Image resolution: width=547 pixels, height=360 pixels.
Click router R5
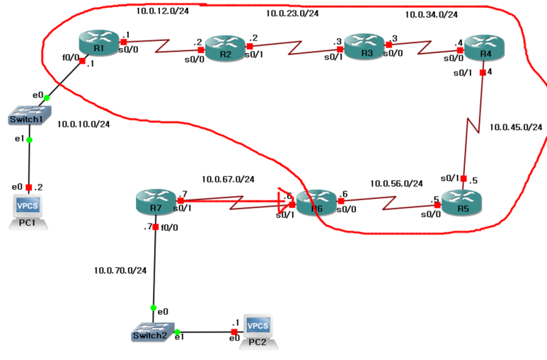(462, 202)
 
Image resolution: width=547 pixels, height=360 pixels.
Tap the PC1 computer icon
(29, 210)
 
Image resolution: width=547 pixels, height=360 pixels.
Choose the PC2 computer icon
(258, 330)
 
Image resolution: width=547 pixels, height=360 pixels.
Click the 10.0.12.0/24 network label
(163, 11)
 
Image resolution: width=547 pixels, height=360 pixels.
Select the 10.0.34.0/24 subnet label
(431, 14)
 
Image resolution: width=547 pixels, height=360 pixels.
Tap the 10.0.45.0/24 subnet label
(516, 127)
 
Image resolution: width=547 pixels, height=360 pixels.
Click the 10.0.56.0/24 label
(396, 183)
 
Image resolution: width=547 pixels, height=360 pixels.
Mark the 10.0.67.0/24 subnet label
(228, 179)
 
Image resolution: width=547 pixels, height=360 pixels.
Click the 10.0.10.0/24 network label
(84, 124)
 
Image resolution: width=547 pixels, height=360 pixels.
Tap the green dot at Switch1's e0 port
(47, 98)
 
